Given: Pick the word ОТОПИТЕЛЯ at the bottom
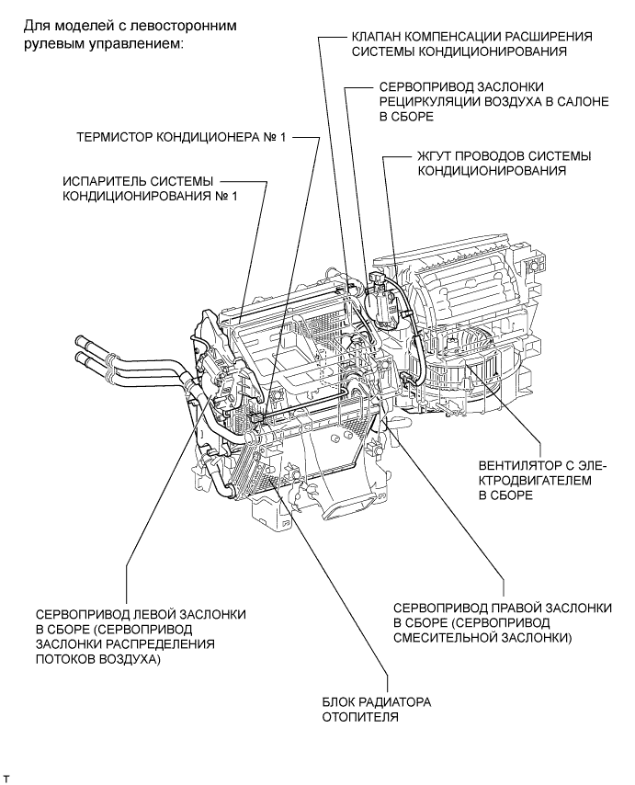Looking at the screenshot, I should [x=361, y=719].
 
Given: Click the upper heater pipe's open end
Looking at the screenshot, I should [x=78, y=343].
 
